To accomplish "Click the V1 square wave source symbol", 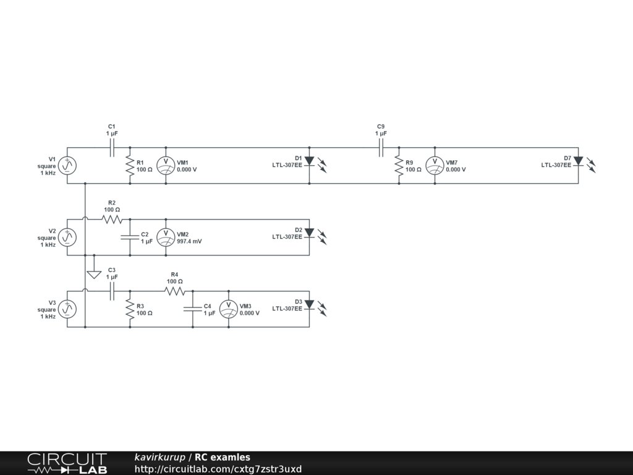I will pyautogui.click(x=67, y=165).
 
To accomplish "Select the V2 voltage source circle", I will pyautogui.click(x=67, y=237).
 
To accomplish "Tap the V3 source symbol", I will pyautogui.click(x=67, y=309).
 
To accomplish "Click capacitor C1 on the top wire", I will pyautogui.click(x=112, y=148).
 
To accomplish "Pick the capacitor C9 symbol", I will pyautogui.click(x=381, y=148).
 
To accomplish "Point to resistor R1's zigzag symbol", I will pyautogui.click(x=130, y=165).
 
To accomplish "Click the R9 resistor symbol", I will pyautogui.click(x=399, y=165).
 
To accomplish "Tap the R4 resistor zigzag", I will pyautogui.click(x=174, y=291).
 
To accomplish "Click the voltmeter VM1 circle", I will pyautogui.click(x=166, y=165).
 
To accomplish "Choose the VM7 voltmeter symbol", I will pyautogui.click(x=435, y=165).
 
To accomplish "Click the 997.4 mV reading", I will pyautogui.click(x=189, y=241).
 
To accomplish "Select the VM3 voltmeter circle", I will pyautogui.click(x=229, y=309).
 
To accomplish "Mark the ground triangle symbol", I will pyautogui.click(x=94, y=274).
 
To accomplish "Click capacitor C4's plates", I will pyautogui.click(x=192, y=309).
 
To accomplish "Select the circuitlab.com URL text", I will pyautogui.click(x=218, y=469).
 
